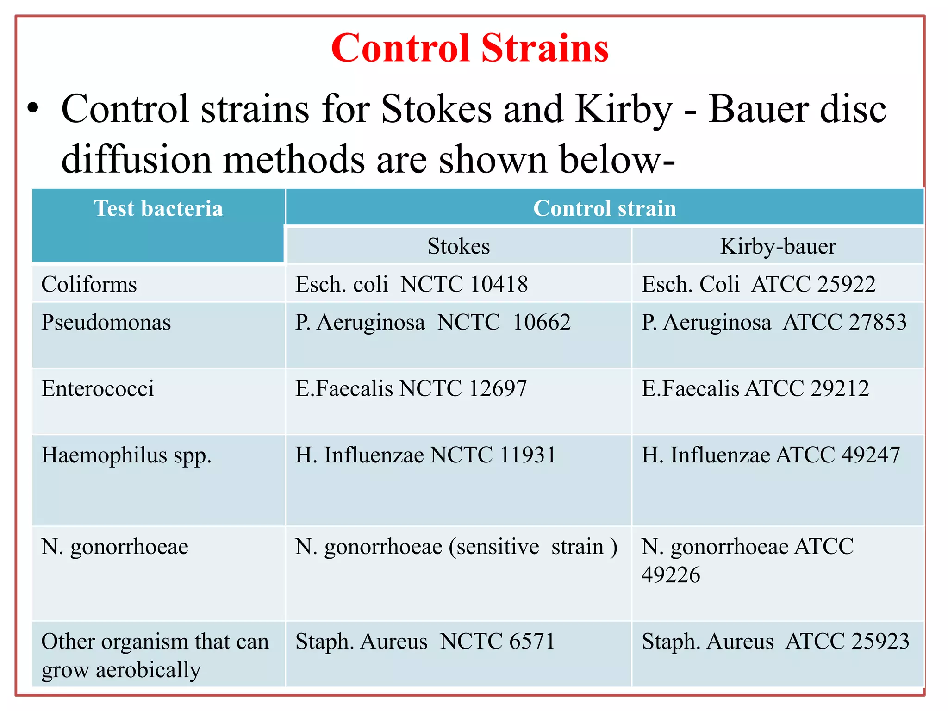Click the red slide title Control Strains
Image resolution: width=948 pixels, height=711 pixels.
469,48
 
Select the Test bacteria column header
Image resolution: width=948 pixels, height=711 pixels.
158,209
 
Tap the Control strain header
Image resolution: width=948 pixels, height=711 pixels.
604,209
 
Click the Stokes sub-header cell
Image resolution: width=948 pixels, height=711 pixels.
458,246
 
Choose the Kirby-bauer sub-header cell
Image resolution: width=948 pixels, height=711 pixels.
778,246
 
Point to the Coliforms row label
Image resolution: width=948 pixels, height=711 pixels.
89,284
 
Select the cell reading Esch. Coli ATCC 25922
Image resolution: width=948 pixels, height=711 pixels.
758,284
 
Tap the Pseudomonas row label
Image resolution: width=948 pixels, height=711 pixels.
106,322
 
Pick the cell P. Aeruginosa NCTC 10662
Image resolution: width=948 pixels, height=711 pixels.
433,322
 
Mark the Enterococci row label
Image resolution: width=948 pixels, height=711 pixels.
98,388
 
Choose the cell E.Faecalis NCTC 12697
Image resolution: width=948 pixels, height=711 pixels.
411,388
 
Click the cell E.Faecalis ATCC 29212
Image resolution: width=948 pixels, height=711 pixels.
755,388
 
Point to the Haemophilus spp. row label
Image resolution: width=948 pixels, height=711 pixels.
126,455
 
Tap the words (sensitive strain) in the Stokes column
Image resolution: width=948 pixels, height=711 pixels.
533,547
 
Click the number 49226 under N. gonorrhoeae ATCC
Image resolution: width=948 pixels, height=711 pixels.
671,575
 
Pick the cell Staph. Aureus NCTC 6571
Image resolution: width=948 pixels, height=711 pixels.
425,642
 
